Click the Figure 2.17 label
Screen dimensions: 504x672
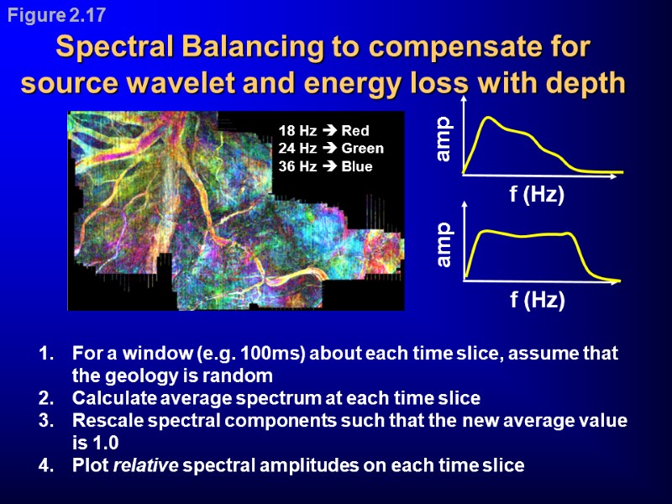coord(58,15)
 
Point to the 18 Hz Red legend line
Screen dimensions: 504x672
coord(323,131)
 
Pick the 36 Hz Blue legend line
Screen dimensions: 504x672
coord(325,166)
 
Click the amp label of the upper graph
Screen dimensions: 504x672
coord(443,139)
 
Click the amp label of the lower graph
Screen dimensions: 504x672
coord(443,244)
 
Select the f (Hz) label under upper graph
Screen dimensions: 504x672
coord(537,194)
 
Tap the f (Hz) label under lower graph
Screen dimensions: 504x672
coord(537,300)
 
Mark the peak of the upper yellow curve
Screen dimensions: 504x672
coord(486,118)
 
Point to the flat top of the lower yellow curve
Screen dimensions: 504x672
coord(529,235)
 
